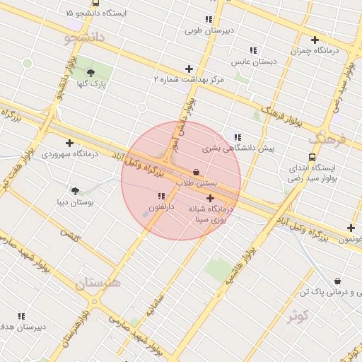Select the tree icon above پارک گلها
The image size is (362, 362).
90,72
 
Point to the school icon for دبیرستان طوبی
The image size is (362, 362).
208,19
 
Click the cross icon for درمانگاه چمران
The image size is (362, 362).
315,40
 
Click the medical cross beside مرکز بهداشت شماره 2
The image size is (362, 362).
188,69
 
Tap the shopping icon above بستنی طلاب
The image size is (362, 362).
196,172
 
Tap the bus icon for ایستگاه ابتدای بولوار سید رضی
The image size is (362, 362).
313,158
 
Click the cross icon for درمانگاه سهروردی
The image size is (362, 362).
69,143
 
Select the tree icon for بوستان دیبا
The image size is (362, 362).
75,190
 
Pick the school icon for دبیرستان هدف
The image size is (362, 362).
21,316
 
